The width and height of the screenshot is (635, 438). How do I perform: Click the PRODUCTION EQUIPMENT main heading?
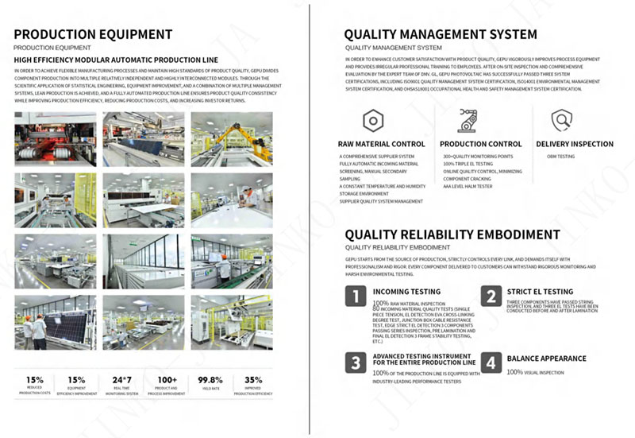93,34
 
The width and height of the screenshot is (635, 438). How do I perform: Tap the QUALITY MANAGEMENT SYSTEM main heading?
440,34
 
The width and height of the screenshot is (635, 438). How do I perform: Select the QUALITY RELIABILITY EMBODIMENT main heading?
452,235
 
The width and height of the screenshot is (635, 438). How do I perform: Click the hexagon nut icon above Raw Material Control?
371,120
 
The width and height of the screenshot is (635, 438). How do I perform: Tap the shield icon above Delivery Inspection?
562,120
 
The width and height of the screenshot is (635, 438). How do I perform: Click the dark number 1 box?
355,297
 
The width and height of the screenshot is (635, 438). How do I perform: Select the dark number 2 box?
493,297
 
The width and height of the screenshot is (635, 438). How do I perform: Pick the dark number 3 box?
355,362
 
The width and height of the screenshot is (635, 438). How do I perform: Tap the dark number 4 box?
493,362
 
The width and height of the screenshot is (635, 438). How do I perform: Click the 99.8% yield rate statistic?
210,380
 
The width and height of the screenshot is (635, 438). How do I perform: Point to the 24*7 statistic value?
121,380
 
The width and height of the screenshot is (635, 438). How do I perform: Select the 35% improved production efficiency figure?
253,380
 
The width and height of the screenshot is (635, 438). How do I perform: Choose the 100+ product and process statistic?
166,380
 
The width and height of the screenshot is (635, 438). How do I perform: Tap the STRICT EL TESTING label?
540,292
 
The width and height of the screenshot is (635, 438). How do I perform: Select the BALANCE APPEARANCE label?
547,359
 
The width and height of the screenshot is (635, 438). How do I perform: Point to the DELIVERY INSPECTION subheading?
575,144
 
